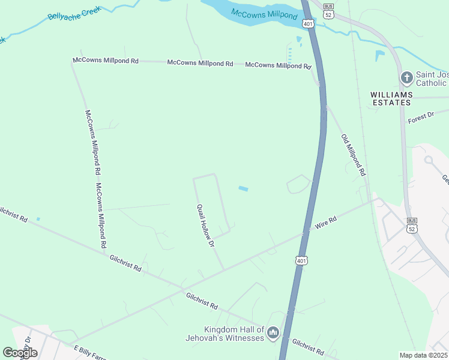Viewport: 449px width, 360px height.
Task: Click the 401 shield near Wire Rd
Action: pyautogui.click(x=301, y=260)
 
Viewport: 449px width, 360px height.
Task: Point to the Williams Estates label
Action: pyautogui.click(x=391, y=98)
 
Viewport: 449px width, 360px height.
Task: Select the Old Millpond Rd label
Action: pyautogui.click(x=353, y=154)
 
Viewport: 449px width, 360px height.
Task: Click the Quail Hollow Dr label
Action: pyautogui.click(x=205, y=226)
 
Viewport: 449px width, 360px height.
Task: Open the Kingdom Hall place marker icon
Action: pyautogui.click(x=273, y=332)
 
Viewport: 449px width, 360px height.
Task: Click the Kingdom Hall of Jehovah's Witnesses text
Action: pyautogui.click(x=234, y=334)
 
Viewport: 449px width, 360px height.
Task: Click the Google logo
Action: pyautogui.click(x=20, y=352)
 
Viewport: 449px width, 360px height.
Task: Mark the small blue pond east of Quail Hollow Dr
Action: pyautogui.click(x=243, y=189)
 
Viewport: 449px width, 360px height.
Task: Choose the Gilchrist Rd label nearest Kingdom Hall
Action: pyautogui.click(x=308, y=346)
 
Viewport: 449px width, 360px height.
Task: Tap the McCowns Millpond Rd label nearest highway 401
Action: pyautogui.click(x=278, y=65)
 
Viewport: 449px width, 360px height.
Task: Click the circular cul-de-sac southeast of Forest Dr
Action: pyautogui.click(x=429, y=160)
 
